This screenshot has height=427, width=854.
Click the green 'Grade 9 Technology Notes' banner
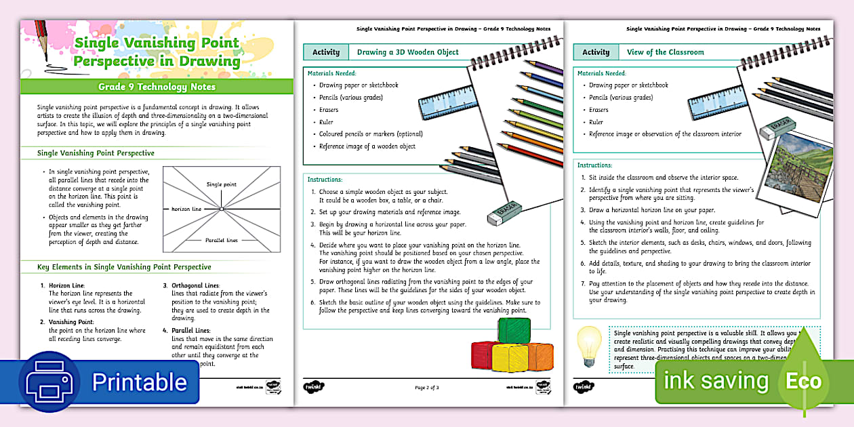coord(157,87)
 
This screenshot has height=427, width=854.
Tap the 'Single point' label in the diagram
coord(222,184)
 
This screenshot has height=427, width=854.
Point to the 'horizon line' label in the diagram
coord(186,209)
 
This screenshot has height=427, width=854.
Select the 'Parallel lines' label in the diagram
coord(222,240)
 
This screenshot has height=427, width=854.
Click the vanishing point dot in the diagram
coord(222,209)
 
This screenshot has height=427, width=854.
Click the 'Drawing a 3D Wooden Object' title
coord(408,52)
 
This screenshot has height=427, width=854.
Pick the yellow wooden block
coord(509,357)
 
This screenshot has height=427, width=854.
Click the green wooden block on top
coord(514,331)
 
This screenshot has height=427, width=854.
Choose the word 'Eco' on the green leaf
coord(803,381)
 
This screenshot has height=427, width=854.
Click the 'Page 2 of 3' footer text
coord(427,388)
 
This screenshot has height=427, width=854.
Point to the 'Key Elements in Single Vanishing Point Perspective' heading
coord(124,267)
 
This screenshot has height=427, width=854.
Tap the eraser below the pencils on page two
coord(504,212)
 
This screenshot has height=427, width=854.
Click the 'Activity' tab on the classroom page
coord(596,52)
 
